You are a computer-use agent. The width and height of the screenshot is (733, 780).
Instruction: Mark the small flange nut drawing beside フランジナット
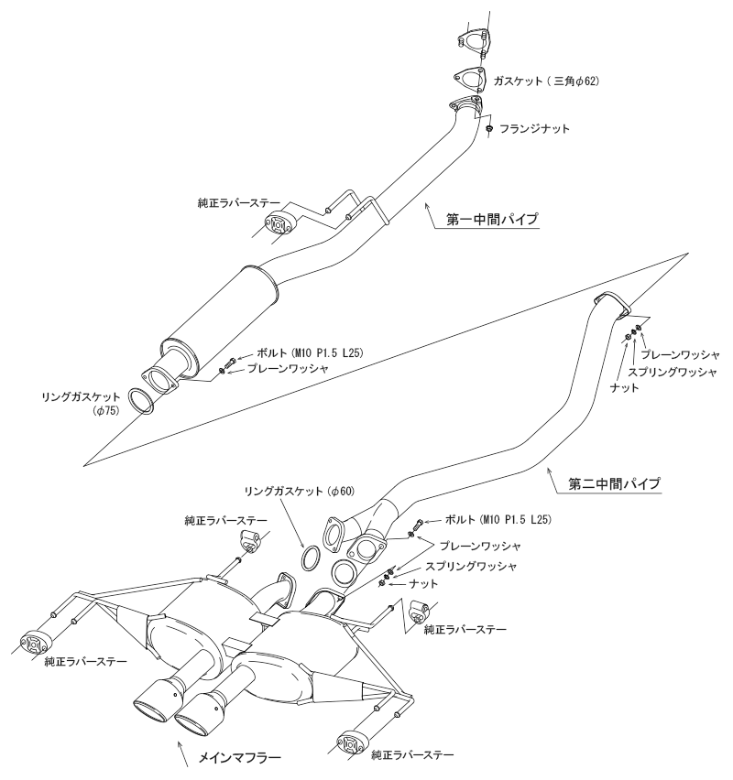[x=490, y=129]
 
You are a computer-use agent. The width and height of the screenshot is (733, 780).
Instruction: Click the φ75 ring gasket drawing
[x=139, y=400]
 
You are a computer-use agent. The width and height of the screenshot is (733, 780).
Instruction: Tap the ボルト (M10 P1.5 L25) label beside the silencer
[x=292, y=352]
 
